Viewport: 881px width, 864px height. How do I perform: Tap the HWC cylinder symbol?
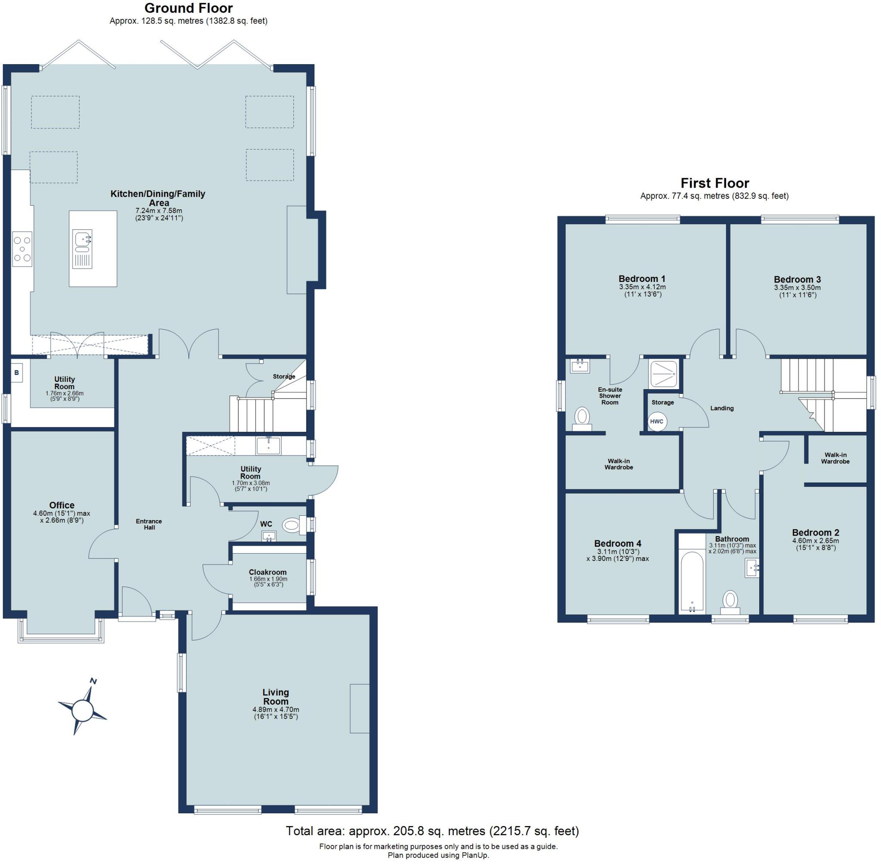(656, 421)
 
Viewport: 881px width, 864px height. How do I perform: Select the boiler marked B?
(17, 373)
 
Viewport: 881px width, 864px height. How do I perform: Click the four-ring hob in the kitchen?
(22, 249)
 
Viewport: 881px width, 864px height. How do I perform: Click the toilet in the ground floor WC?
(293, 526)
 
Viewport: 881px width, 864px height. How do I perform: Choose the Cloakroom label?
(268, 572)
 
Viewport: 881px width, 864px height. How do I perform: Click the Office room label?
(62, 505)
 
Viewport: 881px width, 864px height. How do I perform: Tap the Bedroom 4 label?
(618, 543)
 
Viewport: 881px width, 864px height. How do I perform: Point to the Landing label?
(721, 408)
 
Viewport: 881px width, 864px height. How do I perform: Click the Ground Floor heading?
(188, 8)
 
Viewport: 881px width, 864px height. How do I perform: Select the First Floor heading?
(715, 183)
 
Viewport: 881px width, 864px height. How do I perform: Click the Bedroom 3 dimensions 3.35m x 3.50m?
(797, 288)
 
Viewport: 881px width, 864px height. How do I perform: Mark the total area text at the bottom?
(432, 831)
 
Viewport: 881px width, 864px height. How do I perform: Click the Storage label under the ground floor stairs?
(284, 376)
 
